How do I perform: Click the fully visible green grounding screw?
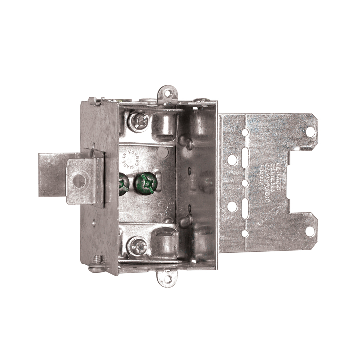pyautogui.click(x=144, y=183)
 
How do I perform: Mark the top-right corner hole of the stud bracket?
pyautogui.click(x=310, y=131)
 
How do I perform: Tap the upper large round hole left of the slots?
pyautogui.click(x=232, y=160)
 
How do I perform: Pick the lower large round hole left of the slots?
pyautogui.click(x=232, y=206)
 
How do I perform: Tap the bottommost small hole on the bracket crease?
pyautogui.click(x=245, y=233)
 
